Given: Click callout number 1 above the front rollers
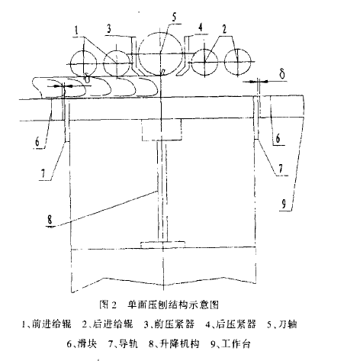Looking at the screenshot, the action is pyautogui.click(x=77, y=31).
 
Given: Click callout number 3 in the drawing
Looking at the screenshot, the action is pyautogui.click(x=109, y=29).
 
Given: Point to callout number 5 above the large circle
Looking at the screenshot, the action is pyautogui.click(x=175, y=18).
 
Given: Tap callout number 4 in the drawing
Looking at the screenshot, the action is pyautogui.click(x=201, y=27).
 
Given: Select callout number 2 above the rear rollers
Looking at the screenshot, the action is pyautogui.click(x=224, y=29).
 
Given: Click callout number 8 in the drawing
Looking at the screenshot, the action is pyautogui.click(x=50, y=219).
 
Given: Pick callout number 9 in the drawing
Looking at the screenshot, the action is pyautogui.click(x=284, y=204).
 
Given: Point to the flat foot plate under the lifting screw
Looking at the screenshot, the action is pyautogui.click(x=162, y=244).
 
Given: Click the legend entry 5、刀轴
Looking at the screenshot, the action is pyautogui.click(x=281, y=324).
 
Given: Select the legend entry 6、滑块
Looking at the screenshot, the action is pyautogui.click(x=82, y=344).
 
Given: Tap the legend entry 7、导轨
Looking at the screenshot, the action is pyautogui.click(x=123, y=344).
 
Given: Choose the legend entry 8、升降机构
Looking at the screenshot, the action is pyautogui.click(x=174, y=344).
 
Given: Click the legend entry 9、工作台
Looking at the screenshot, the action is pyautogui.click(x=230, y=344).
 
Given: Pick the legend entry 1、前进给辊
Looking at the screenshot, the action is pyautogui.click(x=47, y=324).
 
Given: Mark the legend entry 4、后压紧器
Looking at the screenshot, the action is pyautogui.click(x=230, y=324).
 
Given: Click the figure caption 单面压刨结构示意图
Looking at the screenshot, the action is pyautogui.click(x=173, y=305).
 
